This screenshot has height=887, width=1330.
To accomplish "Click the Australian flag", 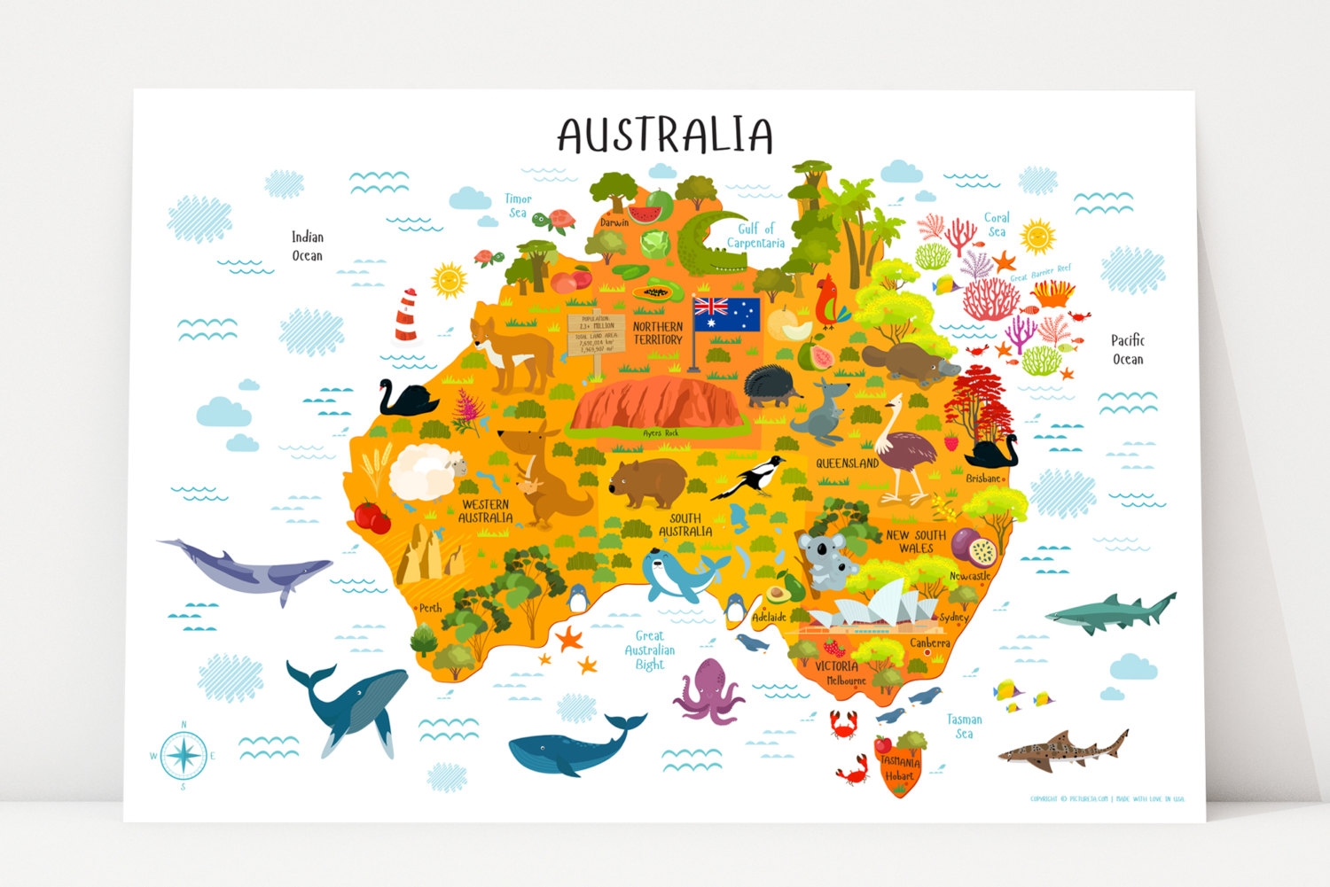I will pos(726,315).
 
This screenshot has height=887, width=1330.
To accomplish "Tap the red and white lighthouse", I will pos(406,315).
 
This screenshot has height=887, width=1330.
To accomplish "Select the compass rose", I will pos(184,756).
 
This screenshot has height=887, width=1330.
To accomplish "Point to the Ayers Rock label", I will pos(660,433).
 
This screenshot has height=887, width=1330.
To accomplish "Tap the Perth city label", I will pos(430,608).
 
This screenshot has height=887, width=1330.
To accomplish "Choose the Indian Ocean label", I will pos(308,246).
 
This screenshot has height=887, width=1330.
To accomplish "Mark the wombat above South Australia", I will pos(647,482).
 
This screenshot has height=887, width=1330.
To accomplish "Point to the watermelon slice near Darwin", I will pos(645,212).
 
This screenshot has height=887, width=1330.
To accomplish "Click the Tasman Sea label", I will pos(964,727).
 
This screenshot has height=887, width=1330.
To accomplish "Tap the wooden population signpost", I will pos(596,334).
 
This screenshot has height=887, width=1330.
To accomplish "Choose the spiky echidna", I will pos(772,387).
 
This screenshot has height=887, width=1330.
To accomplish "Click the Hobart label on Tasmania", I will pos(899,776).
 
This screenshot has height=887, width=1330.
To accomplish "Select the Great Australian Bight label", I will pos(649,650).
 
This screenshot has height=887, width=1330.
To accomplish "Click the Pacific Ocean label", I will pos(1127,349).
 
